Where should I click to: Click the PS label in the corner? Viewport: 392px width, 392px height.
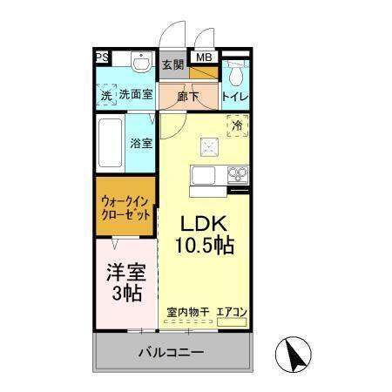[102, 58]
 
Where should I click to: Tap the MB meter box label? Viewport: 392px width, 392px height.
[203, 58]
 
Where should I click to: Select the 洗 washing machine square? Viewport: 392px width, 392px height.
[106, 95]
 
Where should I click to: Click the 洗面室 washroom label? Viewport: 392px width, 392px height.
[136, 95]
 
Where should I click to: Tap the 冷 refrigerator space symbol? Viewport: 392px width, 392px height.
[236, 127]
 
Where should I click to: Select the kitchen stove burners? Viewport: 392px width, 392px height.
[237, 175]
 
